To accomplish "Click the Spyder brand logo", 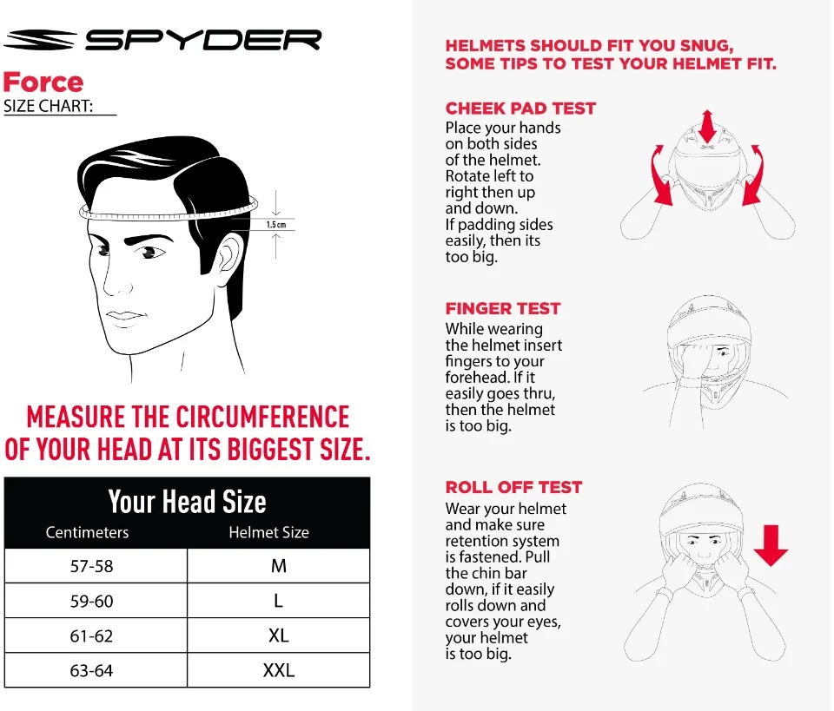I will pyautogui.click(x=162, y=40).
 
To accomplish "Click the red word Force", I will pyautogui.click(x=43, y=82).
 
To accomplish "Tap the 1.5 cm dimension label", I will pyautogui.click(x=275, y=225).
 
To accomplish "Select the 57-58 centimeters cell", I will pyautogui.click(x=92, y=566).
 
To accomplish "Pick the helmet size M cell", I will pyautogui.click(x=278, y=566).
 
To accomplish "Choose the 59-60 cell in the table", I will pyautogui.click(x=92, y=601).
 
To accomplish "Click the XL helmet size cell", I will pyautogui.click(x=278, y=635).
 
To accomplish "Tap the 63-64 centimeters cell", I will pyautogui.click(x=92, y=670).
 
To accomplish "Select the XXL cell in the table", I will pyautogui.click(x=278, y=670).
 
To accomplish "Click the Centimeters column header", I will pyautogui.click(x=87, y=532).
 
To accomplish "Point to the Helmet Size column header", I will pyautogui.click(x=268, y=532).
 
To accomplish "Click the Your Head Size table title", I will pyautogui.click(x=187, y=502).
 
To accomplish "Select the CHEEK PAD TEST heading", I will pyautogui.click(x=520, y=109).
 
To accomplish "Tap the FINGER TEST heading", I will pyautogui.click(x=503, y=308).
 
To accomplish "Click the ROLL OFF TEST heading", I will pyautogui.click(x=513, y=487).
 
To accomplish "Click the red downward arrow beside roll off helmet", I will pyautogui.click(x=770, y=544).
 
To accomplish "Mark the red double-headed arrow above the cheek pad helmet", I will pyautogui.click(x=707, y=127).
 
